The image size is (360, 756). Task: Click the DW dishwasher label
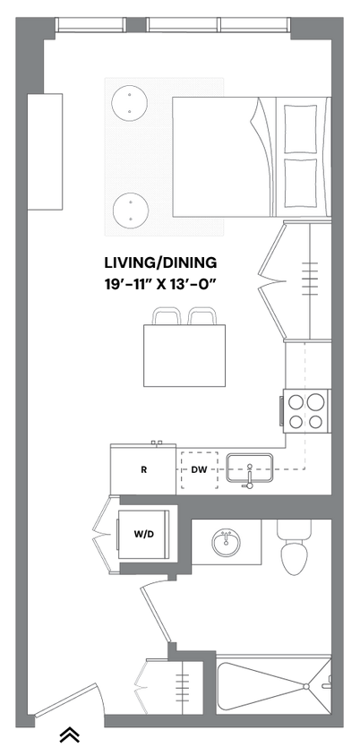click(199, 469)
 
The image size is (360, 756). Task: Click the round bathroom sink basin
click(226, 543)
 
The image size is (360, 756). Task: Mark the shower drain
click(305, 686)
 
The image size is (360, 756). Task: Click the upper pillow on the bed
click(301, 128)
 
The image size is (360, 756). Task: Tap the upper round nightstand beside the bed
click(130, 102)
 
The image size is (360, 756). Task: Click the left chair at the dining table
click(166, 316)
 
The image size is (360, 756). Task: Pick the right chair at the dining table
click(201, 316)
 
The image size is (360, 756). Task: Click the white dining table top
click(184, 356)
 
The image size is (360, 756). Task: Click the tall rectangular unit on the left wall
click(45, 150)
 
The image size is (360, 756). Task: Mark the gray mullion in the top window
click(136, 25)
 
